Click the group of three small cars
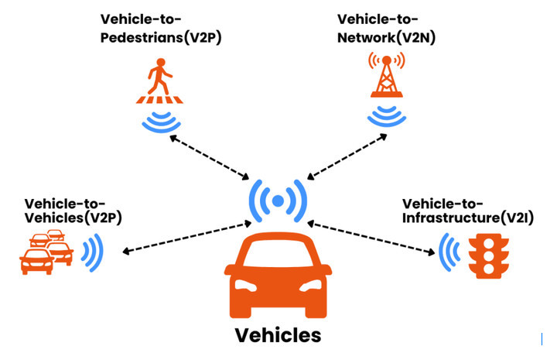tap(45, 252)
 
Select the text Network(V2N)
tap(384, 39)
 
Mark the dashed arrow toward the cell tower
tap(345, 157)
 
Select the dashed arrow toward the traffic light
tap(372, 238)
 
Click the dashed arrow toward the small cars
tap(183, 238)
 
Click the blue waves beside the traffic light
tap(447, 253)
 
